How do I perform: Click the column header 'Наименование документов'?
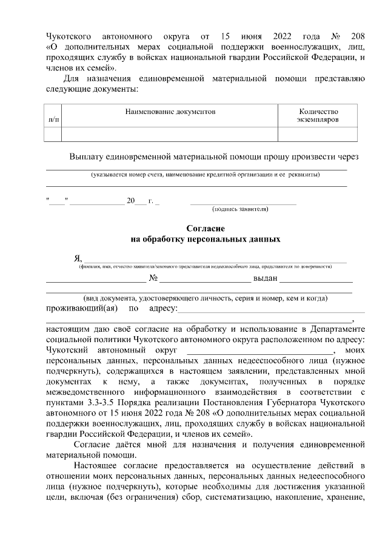tap(170, 112)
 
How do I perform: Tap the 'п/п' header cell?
tap(53, 120)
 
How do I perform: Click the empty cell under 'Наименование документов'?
tap(170, 133)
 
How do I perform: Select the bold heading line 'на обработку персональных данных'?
tap(206, 239)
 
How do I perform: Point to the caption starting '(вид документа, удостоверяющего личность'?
tap(206, 298)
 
